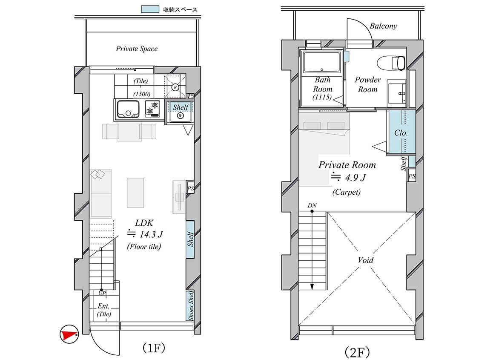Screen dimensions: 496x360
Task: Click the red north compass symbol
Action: (69, 334)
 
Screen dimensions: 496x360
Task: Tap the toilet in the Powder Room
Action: (391, 63)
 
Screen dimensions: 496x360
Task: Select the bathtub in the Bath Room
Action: (321, 62)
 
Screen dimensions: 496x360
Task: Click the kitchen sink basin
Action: (128, 109)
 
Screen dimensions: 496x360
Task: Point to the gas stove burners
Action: (152, 109)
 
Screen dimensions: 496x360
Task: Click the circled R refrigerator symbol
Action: (175, 87)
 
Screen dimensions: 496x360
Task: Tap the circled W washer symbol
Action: (181, 115)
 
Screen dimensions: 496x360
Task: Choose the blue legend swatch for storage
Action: (150, 9)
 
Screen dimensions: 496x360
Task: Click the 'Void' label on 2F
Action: (366, 260)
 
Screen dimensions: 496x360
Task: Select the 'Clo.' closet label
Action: (401, 133)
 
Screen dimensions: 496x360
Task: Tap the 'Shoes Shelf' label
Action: (190, 305)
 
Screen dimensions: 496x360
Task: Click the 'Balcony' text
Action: (383, 26)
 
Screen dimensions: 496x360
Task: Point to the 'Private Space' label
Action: (137, 49)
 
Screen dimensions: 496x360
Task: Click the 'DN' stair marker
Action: (312, 205)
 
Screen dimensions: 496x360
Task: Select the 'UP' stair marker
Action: (102, 294)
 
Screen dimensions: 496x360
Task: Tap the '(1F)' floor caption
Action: (154, 348)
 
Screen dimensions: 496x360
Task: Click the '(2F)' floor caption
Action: (357, 352)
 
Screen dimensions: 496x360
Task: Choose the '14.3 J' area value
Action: (151, 234)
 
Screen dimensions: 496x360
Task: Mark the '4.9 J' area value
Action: (355, 178)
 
